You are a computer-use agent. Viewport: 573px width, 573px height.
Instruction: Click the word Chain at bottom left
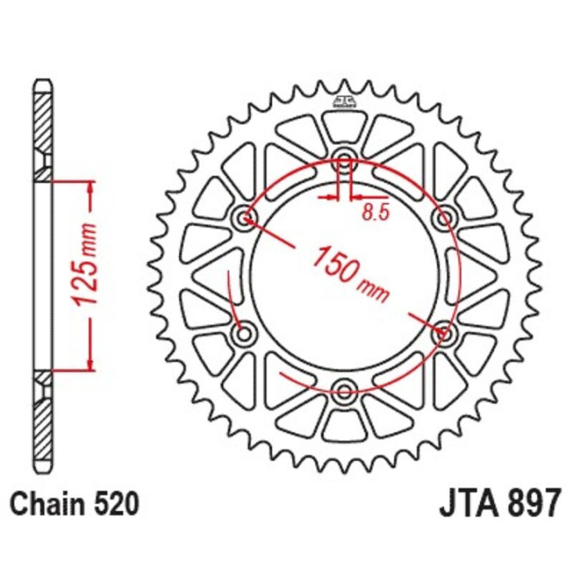(49, 505)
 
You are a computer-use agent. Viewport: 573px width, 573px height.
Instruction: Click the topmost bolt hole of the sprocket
(345, 155)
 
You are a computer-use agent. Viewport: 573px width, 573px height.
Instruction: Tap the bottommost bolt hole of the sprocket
(345, 390)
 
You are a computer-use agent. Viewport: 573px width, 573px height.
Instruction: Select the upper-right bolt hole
(443, 216)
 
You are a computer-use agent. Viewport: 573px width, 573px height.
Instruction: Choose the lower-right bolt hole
(443, 332)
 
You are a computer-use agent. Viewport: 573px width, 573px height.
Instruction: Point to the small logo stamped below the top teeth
(344, 101)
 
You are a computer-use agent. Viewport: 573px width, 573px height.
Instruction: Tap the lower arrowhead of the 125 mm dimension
(88, 362)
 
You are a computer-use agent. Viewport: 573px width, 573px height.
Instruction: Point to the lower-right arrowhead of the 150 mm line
(438, 326)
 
